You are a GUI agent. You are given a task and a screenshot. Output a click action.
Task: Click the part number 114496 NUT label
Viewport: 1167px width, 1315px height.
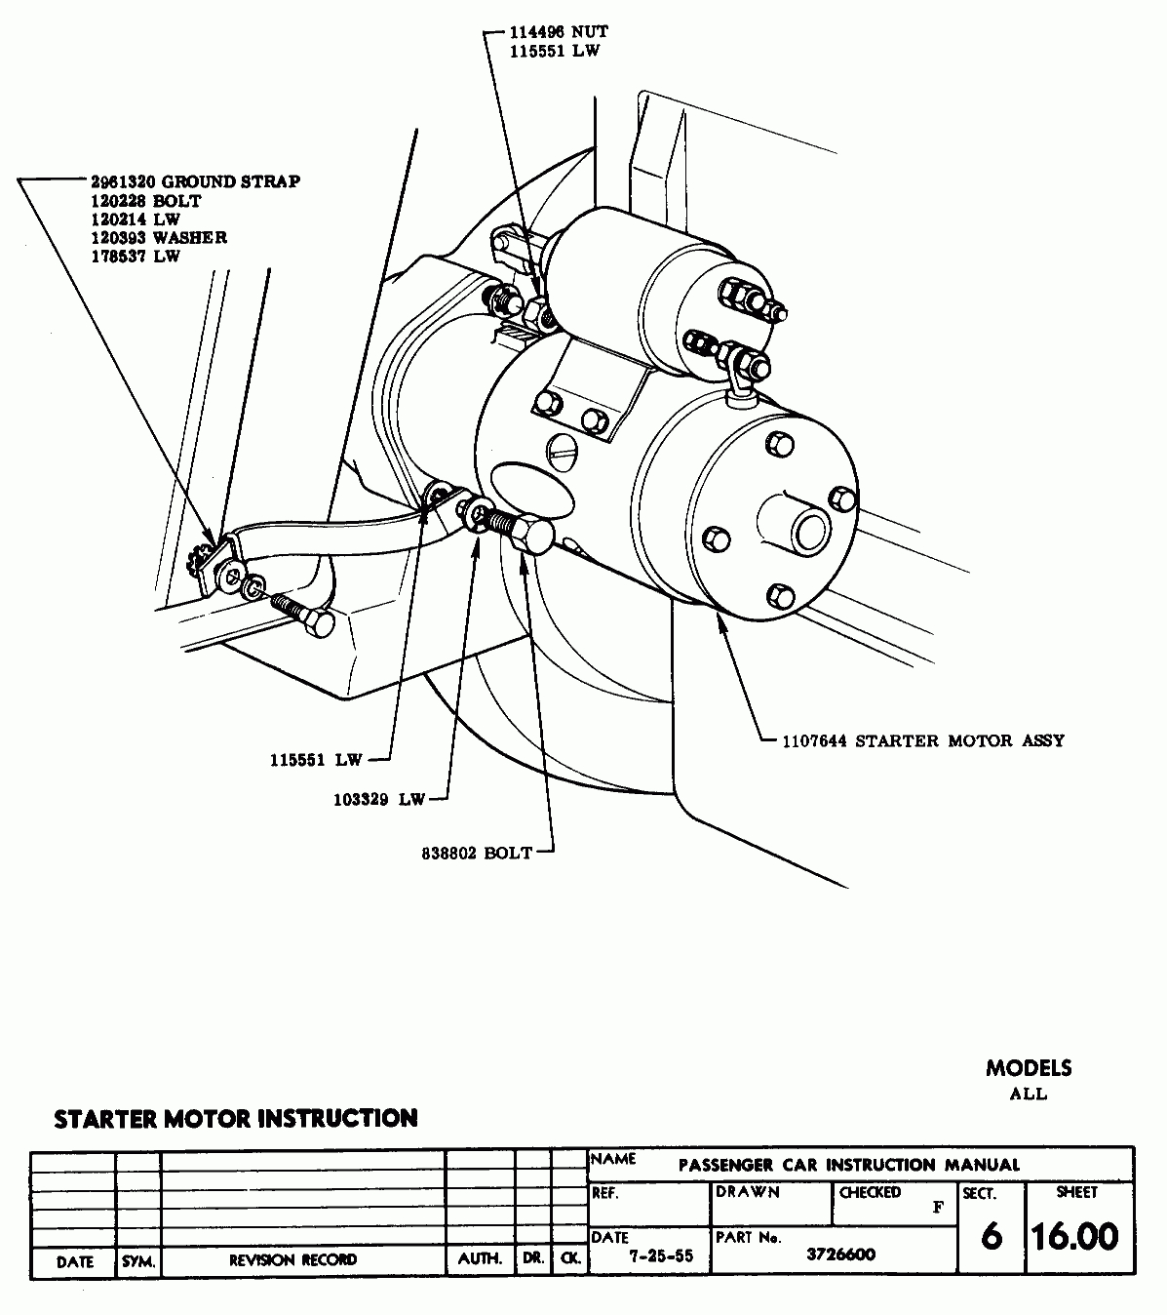point(559,32)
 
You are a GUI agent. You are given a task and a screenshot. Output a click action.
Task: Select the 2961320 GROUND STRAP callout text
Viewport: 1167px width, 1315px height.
point(195,181)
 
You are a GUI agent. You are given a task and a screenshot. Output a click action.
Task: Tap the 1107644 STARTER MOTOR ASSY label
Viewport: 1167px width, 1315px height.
point(923,740)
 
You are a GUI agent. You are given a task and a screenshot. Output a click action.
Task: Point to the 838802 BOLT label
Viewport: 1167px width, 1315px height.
point(477,853)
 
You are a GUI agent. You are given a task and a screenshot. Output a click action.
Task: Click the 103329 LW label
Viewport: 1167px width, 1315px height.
point(379,800)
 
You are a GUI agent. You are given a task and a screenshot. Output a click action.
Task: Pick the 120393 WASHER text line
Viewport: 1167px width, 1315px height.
point(159,238)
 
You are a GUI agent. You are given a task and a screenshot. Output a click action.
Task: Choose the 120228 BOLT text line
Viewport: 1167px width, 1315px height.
point(146,201)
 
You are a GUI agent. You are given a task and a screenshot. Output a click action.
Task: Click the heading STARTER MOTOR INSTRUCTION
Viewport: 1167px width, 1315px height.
point(236,1118)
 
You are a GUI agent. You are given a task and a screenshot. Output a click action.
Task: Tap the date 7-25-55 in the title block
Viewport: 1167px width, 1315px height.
point(660,1255)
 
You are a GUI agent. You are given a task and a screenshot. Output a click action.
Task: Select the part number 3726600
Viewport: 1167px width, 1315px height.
point(840,1254)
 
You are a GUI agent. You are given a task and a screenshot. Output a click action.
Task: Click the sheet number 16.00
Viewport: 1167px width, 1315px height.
point(1075,1236)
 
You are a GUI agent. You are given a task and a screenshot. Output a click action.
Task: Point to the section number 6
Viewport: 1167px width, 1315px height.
point(992,1237)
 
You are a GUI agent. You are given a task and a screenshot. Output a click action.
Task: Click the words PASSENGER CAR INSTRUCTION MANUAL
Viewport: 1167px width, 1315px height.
point(849,1165)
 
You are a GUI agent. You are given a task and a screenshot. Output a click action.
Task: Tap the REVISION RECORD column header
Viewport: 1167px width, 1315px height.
point(293,1259)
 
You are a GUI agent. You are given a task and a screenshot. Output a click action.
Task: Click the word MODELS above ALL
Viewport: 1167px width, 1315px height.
point(1029,1068)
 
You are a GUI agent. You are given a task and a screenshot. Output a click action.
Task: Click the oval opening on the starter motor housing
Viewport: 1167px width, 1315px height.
point(533,491)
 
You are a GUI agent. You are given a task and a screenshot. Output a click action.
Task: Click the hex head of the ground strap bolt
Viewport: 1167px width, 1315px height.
point(319,623)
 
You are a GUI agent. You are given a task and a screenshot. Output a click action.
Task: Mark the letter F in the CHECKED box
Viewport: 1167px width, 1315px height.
point(938,1208)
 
